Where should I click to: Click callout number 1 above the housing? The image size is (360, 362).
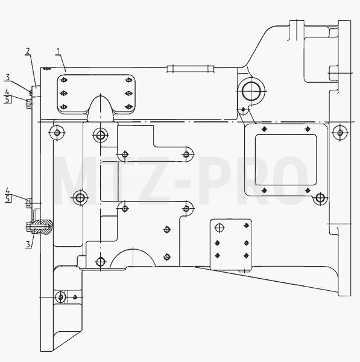[x=58, y=51]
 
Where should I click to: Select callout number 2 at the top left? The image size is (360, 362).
[x=28, y=51]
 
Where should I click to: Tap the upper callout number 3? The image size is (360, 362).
[x=8, y=77]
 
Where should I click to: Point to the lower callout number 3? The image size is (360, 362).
[x=28, y=244]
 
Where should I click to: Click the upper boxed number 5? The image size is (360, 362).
[x=8, y=100]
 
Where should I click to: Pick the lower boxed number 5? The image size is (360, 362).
[x=8, y=198]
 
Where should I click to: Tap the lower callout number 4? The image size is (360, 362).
[x=8, y=191]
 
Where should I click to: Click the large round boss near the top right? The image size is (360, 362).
[x=251, y=91]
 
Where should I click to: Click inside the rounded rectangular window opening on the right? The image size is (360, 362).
[x=286, y=160]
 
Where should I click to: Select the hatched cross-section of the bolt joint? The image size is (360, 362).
[x=42, y=227]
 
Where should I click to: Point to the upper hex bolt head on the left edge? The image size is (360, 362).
[x=28, y=104]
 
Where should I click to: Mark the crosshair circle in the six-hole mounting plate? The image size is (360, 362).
[x=219, y=228]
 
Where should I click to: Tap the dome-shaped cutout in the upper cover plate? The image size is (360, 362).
[x=101, y=109]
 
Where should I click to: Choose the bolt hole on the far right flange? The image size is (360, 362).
[x=340, y=133]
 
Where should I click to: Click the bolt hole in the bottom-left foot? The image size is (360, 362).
[x=60, y=297]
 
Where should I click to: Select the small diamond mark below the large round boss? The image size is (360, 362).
[x=243, y=109]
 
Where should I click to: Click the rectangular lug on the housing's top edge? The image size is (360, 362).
[x=191, y=69]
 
